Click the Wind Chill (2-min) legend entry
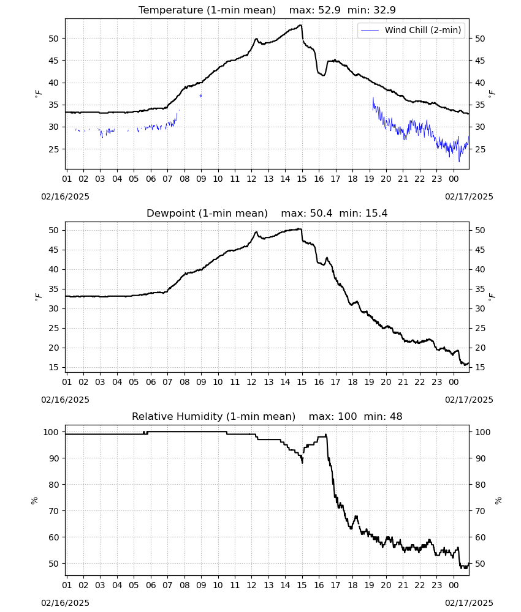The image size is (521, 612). [411, 30]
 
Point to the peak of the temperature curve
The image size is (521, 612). [300, 25]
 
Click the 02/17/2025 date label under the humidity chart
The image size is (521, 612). [469, 603]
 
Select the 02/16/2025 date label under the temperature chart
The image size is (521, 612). [65, 196]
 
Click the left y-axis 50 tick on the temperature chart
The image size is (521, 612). [53, 39]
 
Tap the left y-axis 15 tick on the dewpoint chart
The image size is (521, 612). [53, 367]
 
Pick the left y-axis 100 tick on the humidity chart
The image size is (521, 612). [51, 432]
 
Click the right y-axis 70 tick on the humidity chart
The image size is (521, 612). [480, 511]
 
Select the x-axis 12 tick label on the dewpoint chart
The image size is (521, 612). [252, 382]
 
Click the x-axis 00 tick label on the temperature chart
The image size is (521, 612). [454, 179]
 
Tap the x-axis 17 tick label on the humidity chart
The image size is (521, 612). [336, 585]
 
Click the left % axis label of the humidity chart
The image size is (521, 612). [34, 501]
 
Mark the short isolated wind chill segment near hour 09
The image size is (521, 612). [201, 95]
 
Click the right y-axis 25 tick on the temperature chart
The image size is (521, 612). [480, 149]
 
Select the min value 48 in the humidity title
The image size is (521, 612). [396, 417]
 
